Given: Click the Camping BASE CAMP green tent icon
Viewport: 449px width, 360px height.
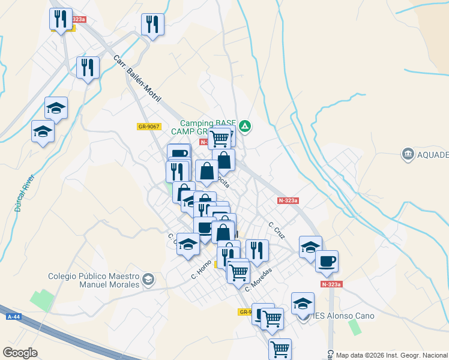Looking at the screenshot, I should pyautogui.click(x=245, y=126).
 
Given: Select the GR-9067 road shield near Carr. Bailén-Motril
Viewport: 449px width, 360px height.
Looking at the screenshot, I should pyautogui.click(x=148, y=126).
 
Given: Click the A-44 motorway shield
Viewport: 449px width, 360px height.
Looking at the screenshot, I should pyautogui.click(x=13, y=316).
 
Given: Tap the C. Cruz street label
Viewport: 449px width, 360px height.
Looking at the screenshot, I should pyautogui.click(x=276, y=229).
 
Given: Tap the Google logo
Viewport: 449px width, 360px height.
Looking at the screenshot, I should pyautogui.click(x=20, y=353).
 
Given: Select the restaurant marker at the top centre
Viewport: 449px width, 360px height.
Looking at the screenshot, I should pyautogui.click(x=152, y=25).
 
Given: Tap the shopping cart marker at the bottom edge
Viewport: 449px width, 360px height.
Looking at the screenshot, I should pyautogui.click(x=280, y=349).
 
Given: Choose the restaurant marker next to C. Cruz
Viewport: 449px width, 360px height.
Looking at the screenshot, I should pyautogui.click(x=257, y=250).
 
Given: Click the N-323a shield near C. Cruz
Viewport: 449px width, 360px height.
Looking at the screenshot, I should pyautogui.click(x=288, y=201).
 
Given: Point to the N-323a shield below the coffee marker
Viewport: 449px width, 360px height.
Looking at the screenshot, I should pyautogui.click(x=331, y=284).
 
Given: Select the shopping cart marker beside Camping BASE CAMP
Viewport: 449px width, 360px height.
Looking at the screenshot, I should pyautogui.click(x=220, y=138).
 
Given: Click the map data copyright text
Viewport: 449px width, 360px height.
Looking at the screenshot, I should pyautogui.click(x=391, y=355).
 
